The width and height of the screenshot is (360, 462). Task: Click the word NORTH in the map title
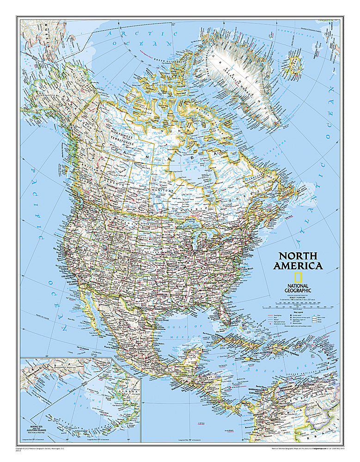[297, 256]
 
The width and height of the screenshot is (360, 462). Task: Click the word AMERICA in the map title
[298, 266]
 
